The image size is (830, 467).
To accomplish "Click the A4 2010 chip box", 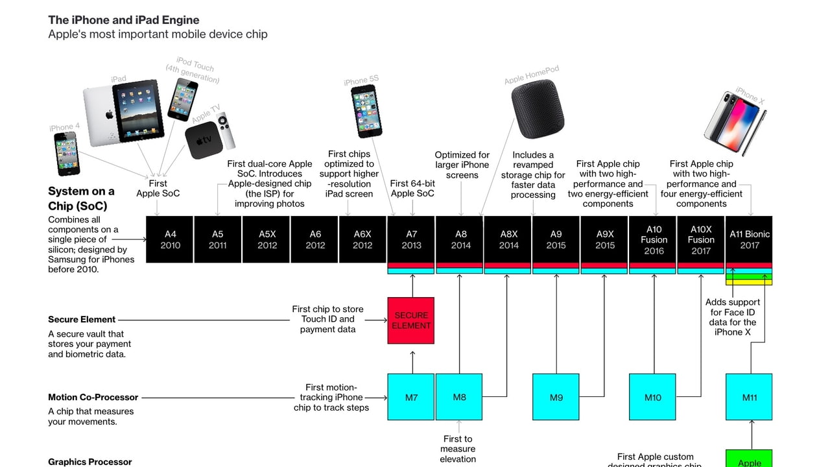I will coord(169,239).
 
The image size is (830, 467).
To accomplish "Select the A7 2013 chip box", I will coord(411,239).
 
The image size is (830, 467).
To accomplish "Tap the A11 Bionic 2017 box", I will coord(749,239).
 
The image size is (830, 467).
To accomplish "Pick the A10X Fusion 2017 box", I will coord(700,239).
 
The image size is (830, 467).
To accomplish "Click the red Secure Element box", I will coord(411,320).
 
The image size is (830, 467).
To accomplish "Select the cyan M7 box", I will coord(411,397).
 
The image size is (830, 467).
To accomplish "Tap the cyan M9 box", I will coord(556,397).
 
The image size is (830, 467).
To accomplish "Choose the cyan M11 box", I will coord(749,397).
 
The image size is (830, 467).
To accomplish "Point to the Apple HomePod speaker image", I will coord(538,108).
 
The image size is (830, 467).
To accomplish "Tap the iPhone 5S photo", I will coord(366,111).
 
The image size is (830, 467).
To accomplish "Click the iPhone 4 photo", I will coord(67,154).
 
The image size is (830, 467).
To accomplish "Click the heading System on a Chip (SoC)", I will coord(81,198).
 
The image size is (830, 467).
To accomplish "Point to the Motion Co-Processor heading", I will coord(93,397).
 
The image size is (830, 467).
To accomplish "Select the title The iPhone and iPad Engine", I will coord(124,20).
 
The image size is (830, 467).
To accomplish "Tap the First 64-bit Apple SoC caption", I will coord(412,188).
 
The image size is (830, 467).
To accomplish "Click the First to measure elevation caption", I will coord(458,449).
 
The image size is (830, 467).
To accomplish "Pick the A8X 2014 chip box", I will coord(508,239).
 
